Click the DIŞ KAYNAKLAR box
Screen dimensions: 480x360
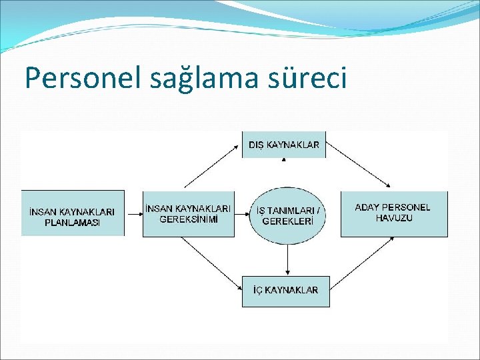[x=284, y=144]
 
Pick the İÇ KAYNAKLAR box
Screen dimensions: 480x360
[x=285, y=291]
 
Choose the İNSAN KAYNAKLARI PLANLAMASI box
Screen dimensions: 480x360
[x=72, y=213]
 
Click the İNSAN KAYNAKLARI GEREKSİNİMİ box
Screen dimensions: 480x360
[x=189, y=213]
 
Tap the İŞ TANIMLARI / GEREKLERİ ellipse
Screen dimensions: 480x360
[x=288, y=215]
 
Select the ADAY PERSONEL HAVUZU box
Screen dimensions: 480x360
[x=394, y=213]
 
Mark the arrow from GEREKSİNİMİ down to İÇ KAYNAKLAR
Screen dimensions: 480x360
[x=212, y=263]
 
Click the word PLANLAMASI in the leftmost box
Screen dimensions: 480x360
[x=72, y=223]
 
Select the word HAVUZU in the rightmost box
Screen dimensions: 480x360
[x=394, y=218]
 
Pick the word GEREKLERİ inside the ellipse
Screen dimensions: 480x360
[x=288, y=221]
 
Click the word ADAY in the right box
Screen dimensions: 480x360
[x=367, y=207]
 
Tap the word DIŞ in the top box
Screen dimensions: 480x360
[x=257, y=145]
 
